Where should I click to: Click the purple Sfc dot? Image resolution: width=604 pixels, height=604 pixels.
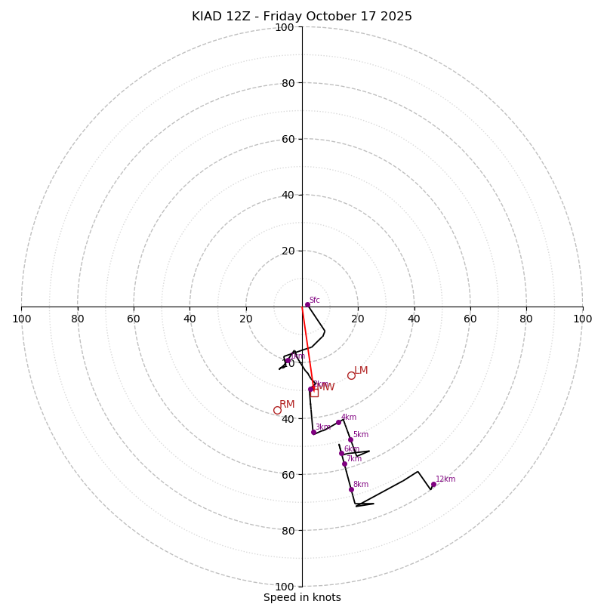tap(307, 304)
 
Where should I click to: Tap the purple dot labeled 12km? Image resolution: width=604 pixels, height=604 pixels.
tap(433, 485)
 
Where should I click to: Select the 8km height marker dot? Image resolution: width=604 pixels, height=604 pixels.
tap(351, 489)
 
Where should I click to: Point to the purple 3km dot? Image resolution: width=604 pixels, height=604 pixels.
tap(313, 432)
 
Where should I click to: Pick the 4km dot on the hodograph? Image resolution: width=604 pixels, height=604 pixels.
tap(338, 422)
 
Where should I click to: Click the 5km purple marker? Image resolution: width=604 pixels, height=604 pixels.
tap(350, 439)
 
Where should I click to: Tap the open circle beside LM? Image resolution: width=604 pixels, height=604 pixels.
tap(351, 375)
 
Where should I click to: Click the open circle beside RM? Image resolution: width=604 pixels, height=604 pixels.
tap(277, 410)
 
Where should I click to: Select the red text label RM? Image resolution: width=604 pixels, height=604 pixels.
tap(287, 404)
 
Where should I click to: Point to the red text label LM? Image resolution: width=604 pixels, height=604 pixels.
tap(361, 370)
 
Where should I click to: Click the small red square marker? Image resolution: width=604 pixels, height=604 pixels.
tap(314, 393)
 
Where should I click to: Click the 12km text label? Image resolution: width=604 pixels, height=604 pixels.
tap(445, 479)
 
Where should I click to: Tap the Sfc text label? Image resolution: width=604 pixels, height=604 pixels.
tap(315, 300)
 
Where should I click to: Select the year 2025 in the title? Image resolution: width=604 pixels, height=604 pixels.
tap(396, 17)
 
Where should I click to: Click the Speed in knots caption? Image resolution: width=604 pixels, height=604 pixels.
tap(302, 597)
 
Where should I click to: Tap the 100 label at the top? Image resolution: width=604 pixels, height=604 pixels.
tap(285, 27)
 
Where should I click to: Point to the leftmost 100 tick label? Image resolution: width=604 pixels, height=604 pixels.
tap(22, 319)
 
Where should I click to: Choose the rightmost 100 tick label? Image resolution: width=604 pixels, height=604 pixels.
tap(582, 319)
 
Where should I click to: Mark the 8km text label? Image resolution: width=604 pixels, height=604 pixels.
tap(361, 484)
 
